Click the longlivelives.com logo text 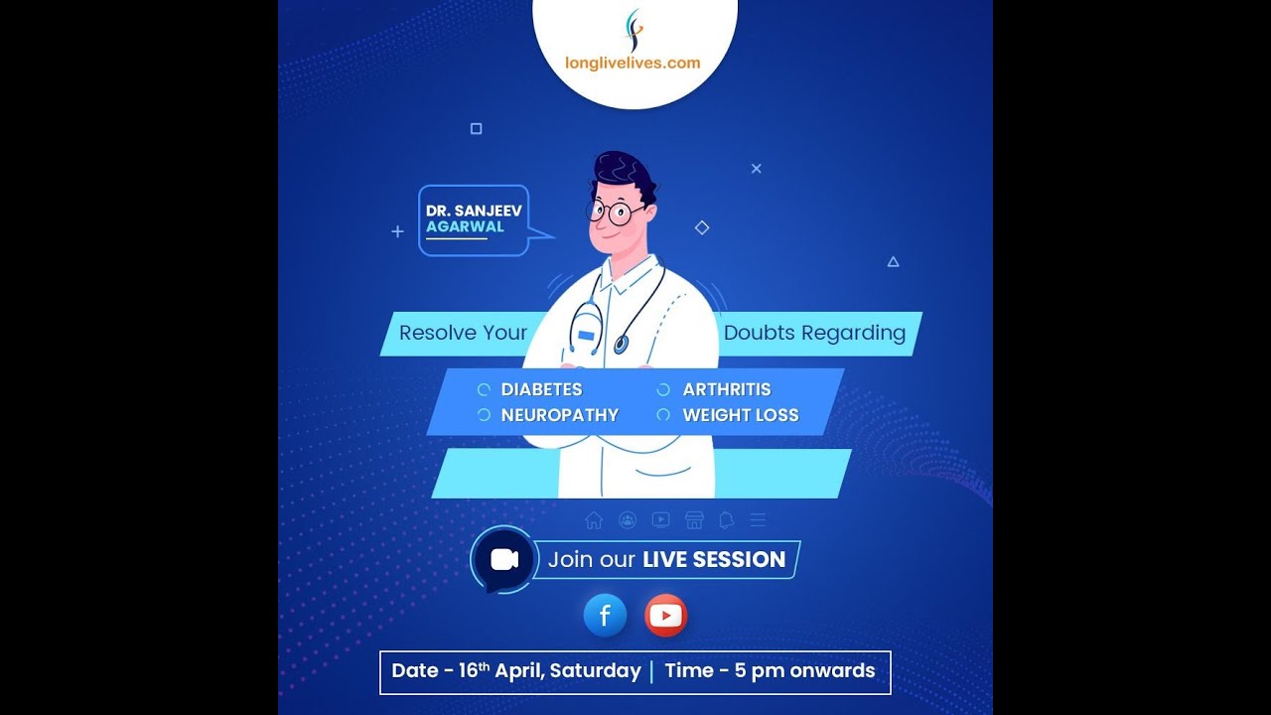[x=633, y=63]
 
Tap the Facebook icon [x=605, y=616]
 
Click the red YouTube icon [x=665, y=616]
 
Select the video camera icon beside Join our [x=504, y=559]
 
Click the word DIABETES [x=541, y=389]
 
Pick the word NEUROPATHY [x=559, y=415]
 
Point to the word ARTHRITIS [x=726, y=389]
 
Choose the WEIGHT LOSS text [x=740, y=415]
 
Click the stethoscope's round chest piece [x=621, y=345]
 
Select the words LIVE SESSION [x=714, y=559]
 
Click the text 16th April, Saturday [x=549, y=671]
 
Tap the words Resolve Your [x=463, y=333]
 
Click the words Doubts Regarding [x=814, y=333]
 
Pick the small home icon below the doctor [x=594, y=520]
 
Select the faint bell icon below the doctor [x=726, y=520]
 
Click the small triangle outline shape [x=893, y=262]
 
